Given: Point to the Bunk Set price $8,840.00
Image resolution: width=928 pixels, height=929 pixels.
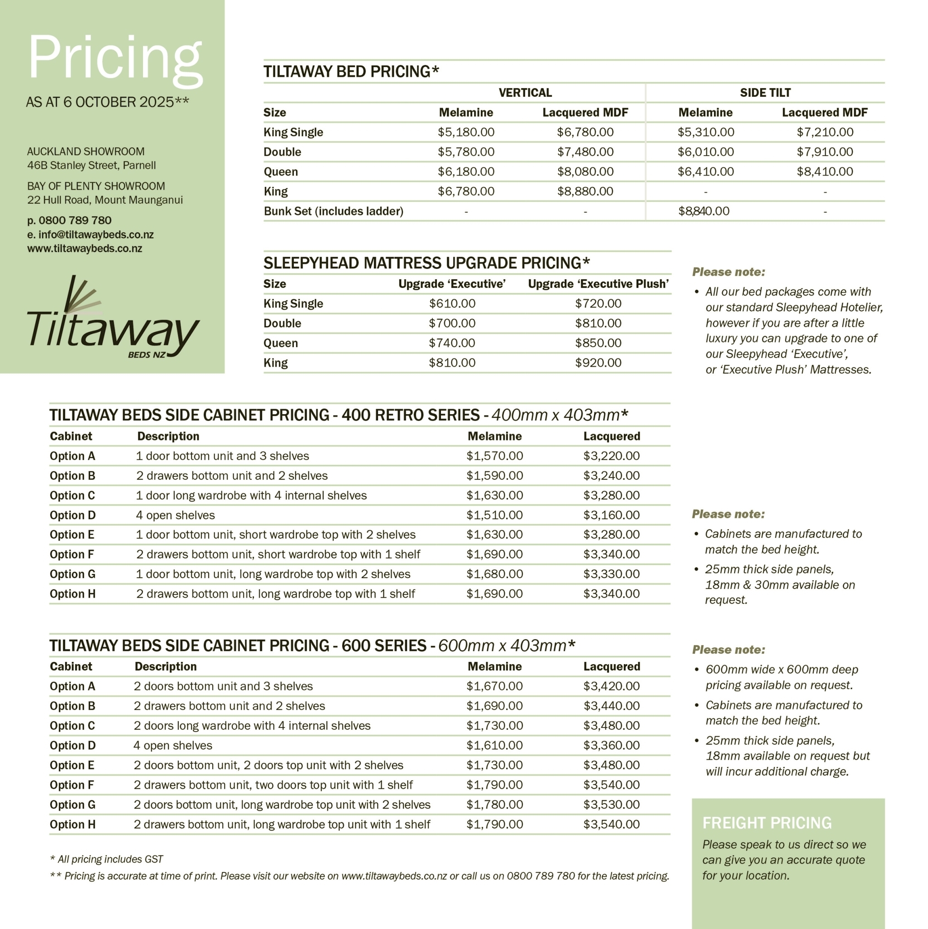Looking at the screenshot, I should click(703, 211).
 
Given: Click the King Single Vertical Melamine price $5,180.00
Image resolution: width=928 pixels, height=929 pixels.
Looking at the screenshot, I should click(465, 132).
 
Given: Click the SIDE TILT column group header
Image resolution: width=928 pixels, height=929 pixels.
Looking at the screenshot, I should click(765, 93).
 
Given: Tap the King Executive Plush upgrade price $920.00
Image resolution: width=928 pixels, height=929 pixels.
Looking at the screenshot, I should click(598, 362).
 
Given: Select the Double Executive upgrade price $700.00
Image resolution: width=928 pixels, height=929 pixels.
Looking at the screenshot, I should click(451, 323).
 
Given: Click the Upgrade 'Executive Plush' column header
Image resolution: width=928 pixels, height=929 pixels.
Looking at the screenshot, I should click(598, 284).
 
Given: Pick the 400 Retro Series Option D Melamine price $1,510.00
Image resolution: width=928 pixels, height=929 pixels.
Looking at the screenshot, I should click(494, 515).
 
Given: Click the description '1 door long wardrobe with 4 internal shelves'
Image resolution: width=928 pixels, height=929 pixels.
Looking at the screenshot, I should click(251, 495).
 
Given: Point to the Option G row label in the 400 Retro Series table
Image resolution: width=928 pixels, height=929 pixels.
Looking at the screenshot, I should click(73, 574).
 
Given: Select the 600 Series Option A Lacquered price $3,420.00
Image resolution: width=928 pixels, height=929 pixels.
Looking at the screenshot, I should click(611, 686).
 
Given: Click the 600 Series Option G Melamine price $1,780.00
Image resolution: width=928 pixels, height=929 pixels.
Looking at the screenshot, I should click(494, 804).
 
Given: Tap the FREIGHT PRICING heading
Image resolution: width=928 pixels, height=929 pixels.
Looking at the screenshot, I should click(767, 823).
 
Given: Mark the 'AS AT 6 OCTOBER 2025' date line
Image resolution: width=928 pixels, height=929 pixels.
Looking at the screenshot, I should click(107, 102).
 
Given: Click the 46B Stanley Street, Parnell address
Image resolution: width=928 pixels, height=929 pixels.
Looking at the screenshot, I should click(91, 166).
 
